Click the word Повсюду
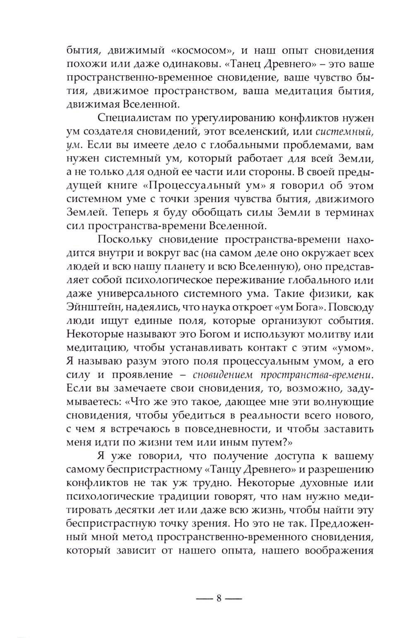350,307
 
